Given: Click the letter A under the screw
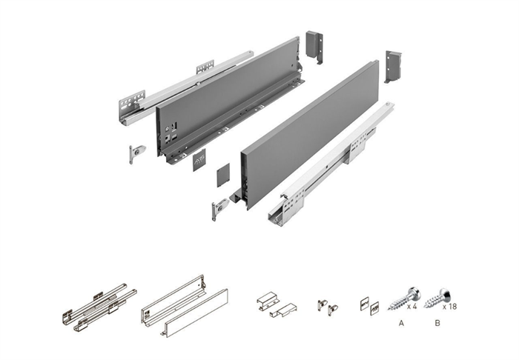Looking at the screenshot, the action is coord(401,323).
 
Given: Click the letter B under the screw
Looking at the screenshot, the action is coord(437,323).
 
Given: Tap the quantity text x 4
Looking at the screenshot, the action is coord(411,307).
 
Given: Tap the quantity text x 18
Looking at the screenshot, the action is coord(449,307).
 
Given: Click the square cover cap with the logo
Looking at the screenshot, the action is coord(199,160).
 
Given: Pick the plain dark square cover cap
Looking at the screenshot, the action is coord(223,173).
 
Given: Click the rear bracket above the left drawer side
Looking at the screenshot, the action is coord(314,47).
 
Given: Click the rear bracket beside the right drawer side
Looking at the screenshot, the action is coord(393,66).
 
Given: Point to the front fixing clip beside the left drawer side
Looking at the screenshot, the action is coord(136,154).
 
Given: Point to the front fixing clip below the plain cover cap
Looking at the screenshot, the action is coord(219,210).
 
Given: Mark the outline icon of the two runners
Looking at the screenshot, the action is coord(99,307).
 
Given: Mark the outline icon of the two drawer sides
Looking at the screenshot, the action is coord(185,306).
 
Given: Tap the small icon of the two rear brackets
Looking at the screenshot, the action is coord(277,304).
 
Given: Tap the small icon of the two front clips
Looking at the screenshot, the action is coord(328,307).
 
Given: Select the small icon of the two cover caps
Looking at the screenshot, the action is coord(369,307).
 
